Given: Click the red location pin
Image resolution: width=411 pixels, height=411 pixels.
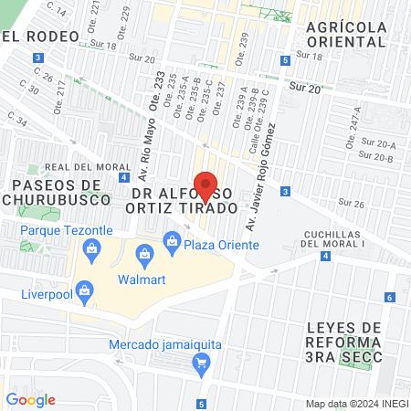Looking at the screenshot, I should [x=205, y=185].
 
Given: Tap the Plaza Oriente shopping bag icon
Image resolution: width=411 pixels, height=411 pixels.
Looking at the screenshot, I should [x=171, y=240].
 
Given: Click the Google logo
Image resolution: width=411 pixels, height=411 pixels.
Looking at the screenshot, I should [x=31, y=399].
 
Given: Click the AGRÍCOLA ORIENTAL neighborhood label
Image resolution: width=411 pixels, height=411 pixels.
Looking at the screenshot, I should [x=346, y=35].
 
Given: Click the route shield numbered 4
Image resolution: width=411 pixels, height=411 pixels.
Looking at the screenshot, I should [x=326, y=256].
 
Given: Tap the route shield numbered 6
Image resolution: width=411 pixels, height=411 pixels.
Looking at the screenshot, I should [x=389, y=297].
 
